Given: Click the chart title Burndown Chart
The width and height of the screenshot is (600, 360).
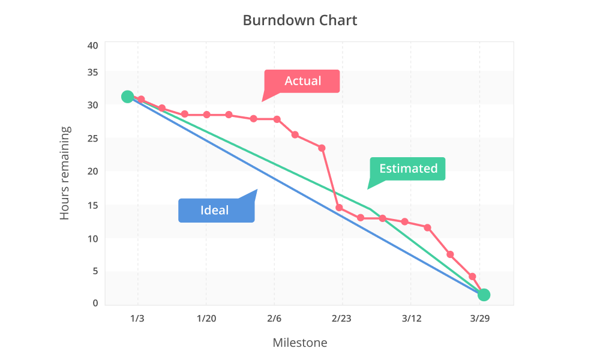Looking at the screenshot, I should pyautogui.click(x=300, y=20).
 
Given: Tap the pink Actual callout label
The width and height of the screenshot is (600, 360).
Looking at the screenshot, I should pyautogui.click(x=302, y=81).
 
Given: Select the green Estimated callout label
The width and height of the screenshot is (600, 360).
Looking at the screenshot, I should pyautogui.click(x=408, y=169).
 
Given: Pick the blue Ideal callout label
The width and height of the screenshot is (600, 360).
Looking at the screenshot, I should pyautogui.click(x=215, y=211).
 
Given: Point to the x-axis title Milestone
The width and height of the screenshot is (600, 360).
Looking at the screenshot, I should pyautogui.click(x=300, y=343).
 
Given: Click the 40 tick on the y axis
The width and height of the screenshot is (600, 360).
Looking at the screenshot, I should pyautogui.click(x=92, y=46).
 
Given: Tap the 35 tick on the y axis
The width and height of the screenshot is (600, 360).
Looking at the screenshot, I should pyautogui.click(x=92, y=73).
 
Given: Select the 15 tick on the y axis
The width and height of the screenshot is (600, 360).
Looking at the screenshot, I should pyautogui.click(x=92, y=206).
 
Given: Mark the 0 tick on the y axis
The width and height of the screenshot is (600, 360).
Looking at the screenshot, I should pyautogui.click(x=95, y=304).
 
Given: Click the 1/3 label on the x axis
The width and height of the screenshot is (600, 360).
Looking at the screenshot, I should pyautogui.click(x=137, y=318).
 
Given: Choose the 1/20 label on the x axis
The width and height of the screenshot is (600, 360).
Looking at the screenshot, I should pyautogui.click(x=206, y=318).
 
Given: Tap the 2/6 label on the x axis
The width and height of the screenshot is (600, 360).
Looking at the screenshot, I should pyautogui.click(x=274, y=318).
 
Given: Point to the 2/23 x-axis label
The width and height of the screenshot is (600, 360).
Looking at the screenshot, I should pyautogui.click(x=342, y=318).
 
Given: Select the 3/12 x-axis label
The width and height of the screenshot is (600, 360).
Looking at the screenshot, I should pyautogui.click(x=411, y=318).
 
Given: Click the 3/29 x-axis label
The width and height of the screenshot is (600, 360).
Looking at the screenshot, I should pyautogui.click(x=479, y=318).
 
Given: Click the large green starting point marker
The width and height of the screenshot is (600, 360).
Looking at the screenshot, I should pyautogui.click(x=127, y=97).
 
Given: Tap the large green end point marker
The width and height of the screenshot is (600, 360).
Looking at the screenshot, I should pyautogui.click(x=484, y=295).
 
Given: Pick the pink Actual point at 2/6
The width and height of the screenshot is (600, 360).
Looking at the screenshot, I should pyautogui.click(x=277, y=119).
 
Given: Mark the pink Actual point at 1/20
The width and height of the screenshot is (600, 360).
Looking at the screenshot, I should pyautogui.click(x=206, y=115).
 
